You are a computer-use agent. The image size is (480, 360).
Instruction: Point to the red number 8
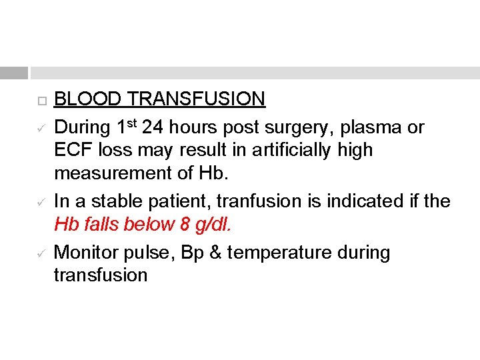[185, 225]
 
